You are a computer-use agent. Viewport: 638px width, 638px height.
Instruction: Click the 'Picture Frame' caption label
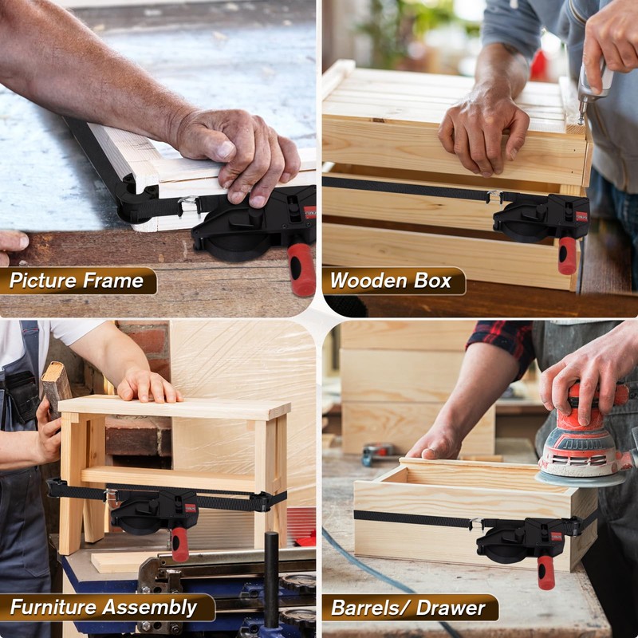(77, 281)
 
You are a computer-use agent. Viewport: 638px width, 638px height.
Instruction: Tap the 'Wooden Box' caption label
(391, 281)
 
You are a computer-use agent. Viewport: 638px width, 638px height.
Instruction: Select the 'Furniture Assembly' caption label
(104, 608)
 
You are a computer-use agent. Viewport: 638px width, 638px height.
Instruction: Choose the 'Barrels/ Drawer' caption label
(408, 608)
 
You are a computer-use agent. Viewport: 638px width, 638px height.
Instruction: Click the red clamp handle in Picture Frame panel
(302, 270)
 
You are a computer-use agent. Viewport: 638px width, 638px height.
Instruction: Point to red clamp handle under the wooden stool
(180, 543)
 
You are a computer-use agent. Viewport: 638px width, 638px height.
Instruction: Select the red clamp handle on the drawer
(545, 572)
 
